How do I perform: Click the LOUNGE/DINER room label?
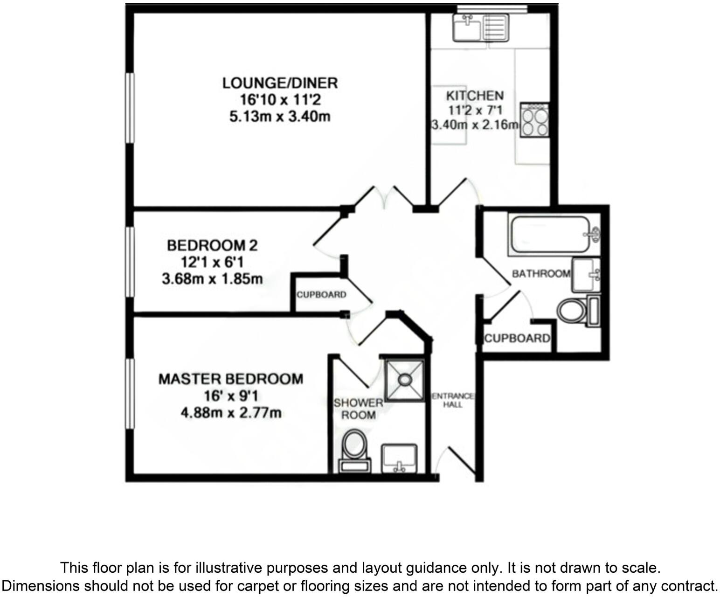280,83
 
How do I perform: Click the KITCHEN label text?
475,96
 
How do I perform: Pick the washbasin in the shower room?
400,458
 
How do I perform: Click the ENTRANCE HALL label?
452,401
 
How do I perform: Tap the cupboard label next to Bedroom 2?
321,295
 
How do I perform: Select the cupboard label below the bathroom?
517,338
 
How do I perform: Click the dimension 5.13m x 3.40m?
280,116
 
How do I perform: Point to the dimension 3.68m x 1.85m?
212,279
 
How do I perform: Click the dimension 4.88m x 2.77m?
231,413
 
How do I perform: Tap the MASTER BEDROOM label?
231,379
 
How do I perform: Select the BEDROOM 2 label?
212,245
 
